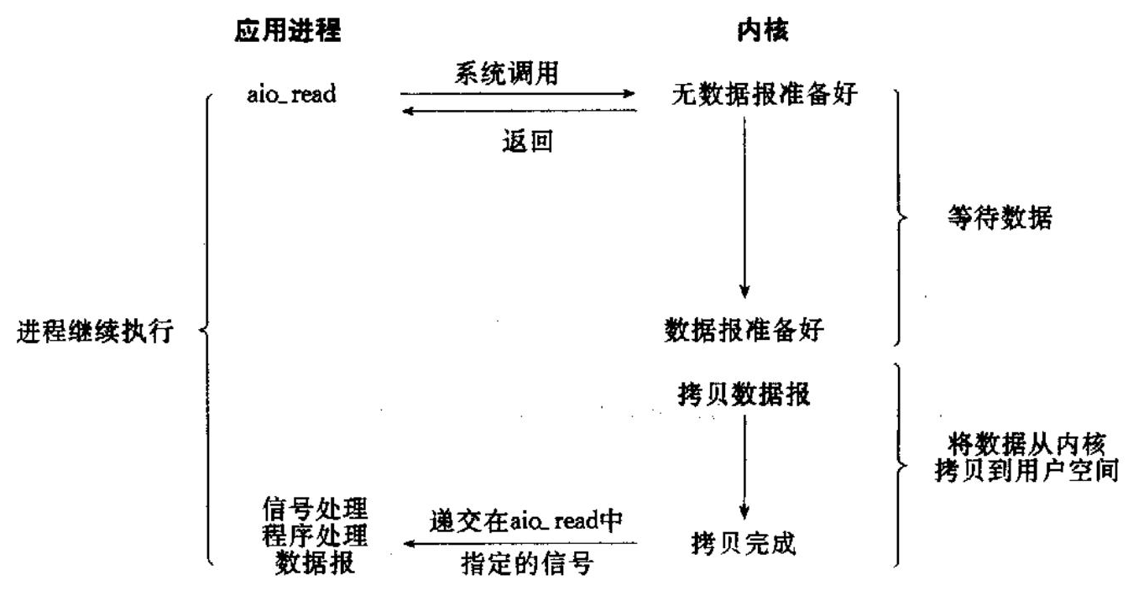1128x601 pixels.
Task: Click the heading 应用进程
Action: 288,31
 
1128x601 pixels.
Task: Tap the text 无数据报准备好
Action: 764,94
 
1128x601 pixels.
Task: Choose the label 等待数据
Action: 999,220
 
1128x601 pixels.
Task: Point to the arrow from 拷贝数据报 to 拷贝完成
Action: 744,466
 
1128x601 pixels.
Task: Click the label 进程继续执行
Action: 95,332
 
